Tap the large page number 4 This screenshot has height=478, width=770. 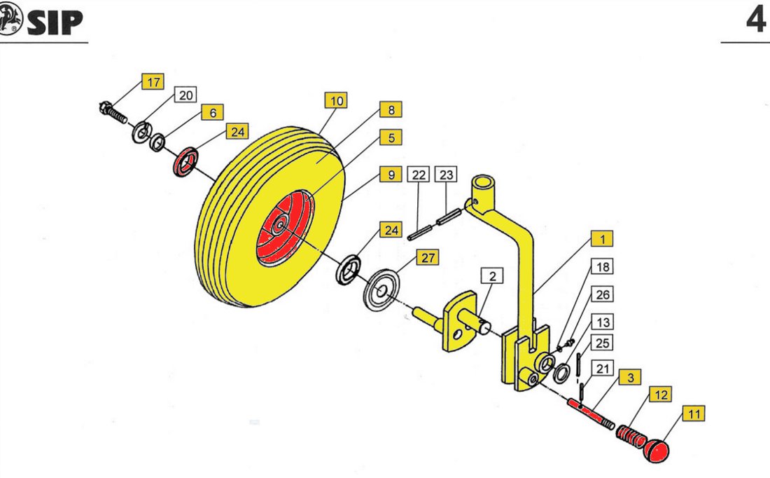756,20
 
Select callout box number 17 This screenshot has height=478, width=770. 153,81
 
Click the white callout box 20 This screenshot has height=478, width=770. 185,95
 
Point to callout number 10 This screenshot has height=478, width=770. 337,101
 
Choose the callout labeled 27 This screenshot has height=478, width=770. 428,258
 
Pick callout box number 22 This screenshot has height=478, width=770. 419,175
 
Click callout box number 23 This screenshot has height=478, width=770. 446,175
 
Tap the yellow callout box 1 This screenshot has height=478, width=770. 603,239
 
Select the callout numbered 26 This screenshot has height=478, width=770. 603,294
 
